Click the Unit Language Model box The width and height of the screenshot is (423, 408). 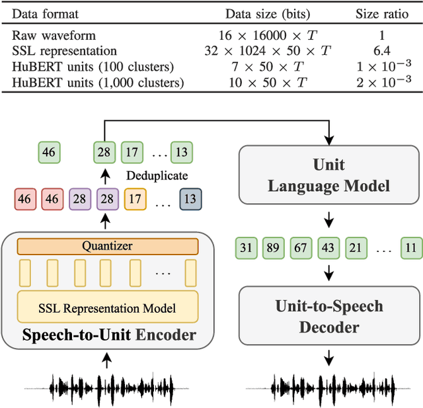328,174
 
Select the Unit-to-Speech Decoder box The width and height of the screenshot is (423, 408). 328,315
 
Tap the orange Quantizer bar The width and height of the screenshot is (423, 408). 107,246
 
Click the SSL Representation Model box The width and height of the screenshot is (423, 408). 107,308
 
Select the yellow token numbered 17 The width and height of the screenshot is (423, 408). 135,198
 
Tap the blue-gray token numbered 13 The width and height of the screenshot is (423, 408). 190,198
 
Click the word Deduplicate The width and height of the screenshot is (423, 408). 157,176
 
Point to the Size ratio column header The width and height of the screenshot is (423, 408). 385,14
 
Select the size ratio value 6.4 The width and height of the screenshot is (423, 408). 385,51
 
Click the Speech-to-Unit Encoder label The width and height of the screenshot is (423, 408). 109,335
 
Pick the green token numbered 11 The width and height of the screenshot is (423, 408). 410,247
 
